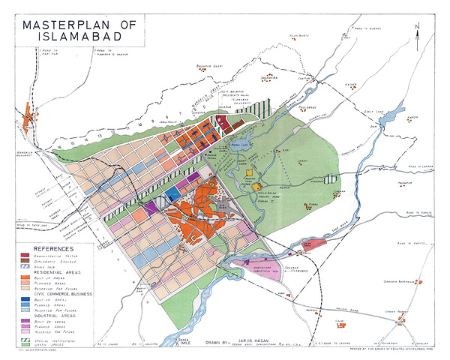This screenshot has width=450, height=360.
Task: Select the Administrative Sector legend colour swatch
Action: [x=26, y=254]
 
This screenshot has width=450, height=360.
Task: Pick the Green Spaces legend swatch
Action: [x=26, y=343]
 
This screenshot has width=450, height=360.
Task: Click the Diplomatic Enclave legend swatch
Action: [x=26, y=259]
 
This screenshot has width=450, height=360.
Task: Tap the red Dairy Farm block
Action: [x=313, y=244]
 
